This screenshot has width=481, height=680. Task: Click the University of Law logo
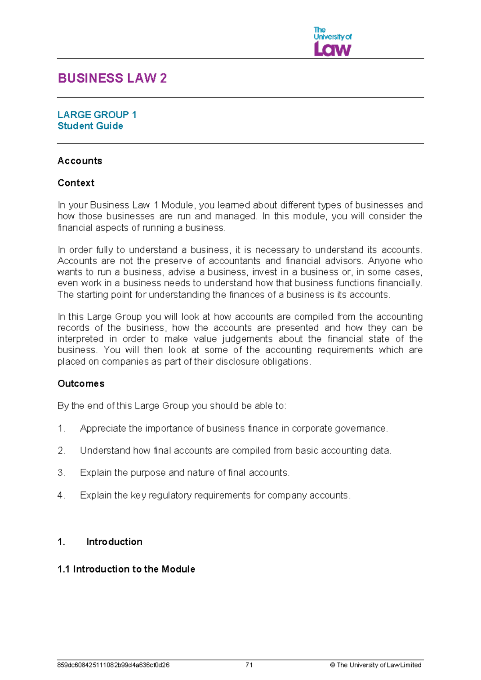pyautogui.click(x=332, y=42)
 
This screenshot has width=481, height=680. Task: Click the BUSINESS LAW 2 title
pyautogui.click(x=112, y=78)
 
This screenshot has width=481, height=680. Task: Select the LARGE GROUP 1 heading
pyautogui.click(x=97, y=115)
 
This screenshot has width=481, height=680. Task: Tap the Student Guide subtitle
pyautogui.click(x=90, y=126)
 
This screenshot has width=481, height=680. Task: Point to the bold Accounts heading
pyautogui.click(x=80, y=161)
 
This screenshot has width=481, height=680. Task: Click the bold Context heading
pyautogui.click(x=76, y=183)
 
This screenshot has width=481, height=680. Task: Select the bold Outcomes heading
pyautogui.click(x=81, y=384)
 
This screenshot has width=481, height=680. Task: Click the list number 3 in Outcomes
pyautogui.click(x=61, y=473)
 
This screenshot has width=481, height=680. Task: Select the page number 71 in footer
pyautogui.click(x=249, y=665)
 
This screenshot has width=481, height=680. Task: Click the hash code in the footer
pyautogui.click(x=113, y=665)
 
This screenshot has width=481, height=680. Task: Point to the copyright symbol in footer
pyautogui.click(x=332, y=665)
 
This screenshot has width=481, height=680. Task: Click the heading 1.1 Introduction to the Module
pyautogui.click(x=126, y=569)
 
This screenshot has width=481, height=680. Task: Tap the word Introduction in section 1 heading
pyautogui.click(x=114, y=542)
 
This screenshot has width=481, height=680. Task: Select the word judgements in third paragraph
pyautogui.click(x=247, y=339)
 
